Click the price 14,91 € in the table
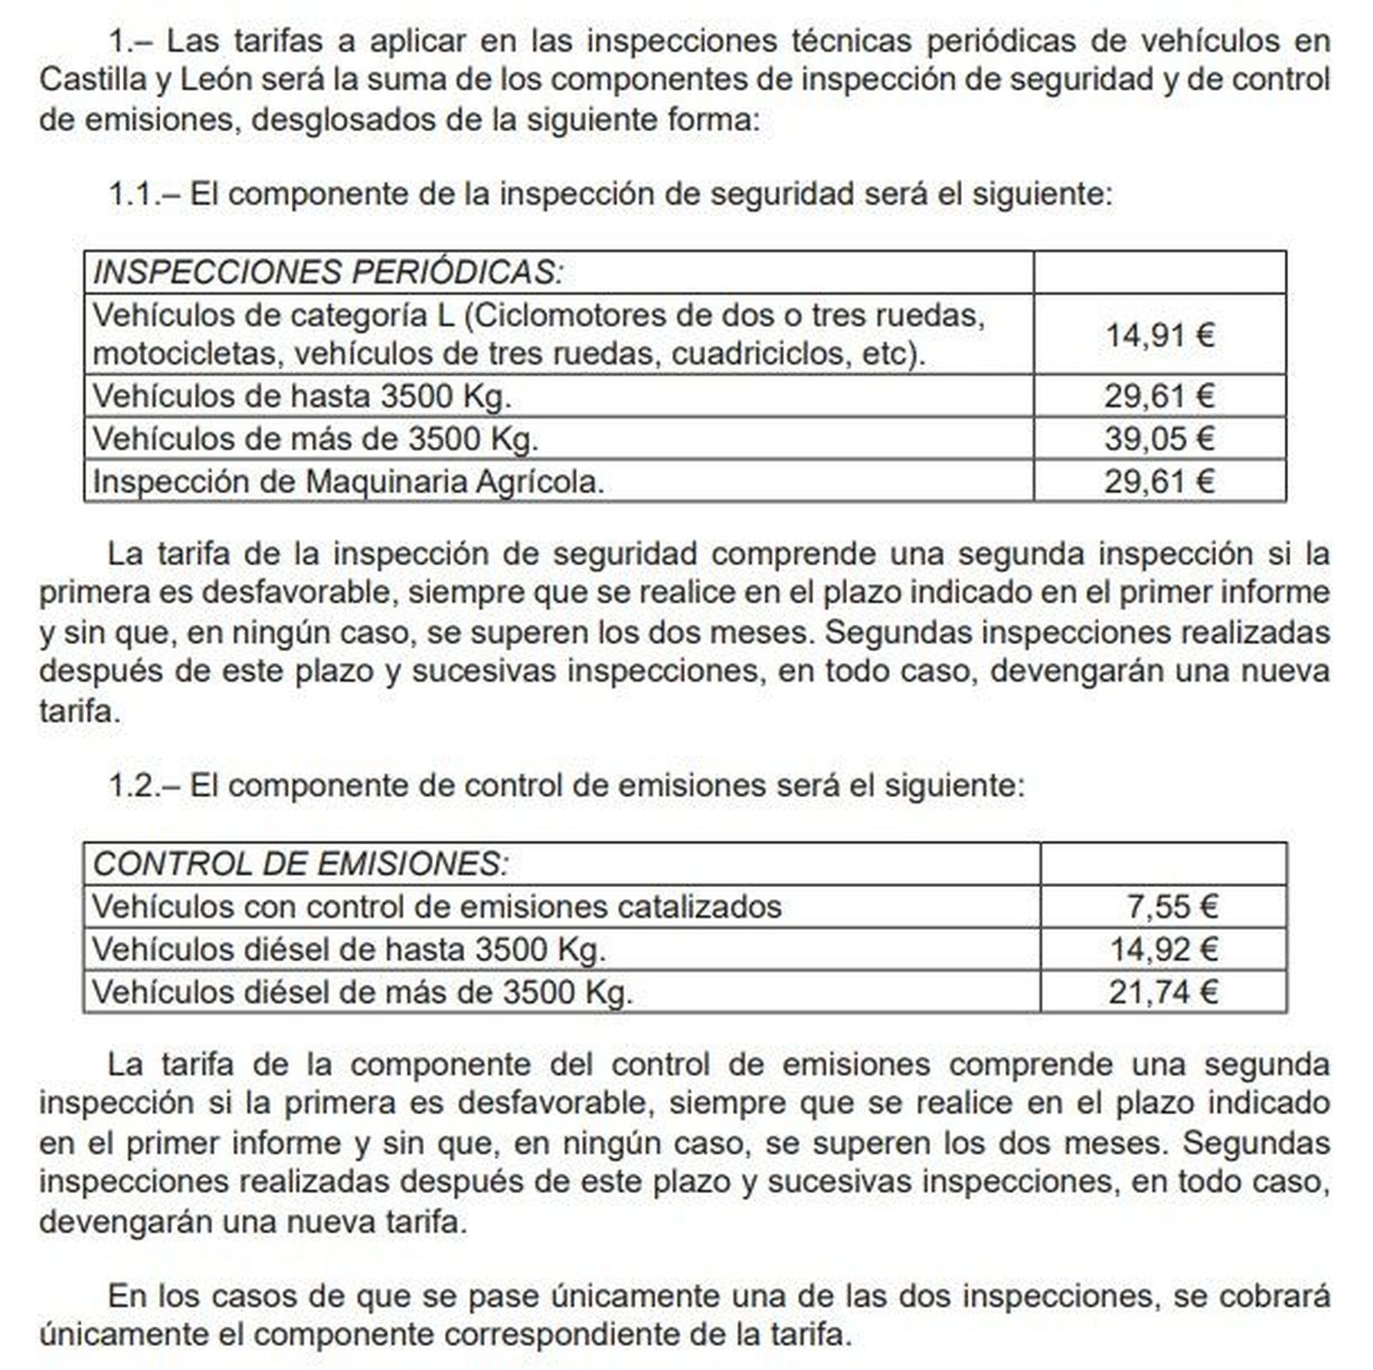[x=1158, y=335]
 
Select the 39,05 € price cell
[x=1158, y=438]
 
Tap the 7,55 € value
[x=1171, y=906]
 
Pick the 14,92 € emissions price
[x=1164, y=949]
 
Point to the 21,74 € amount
[x=1163, y=992]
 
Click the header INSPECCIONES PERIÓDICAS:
[x=328, y=272]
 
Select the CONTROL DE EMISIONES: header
[x=300, y=863]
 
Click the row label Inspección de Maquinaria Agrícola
[x=348, y=481]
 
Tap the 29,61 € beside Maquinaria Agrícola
[x=1158, y=481]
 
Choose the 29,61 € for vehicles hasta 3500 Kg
[x=1158, y=395]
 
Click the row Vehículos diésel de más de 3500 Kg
[x=361, y=992]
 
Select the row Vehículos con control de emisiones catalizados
[x=436, y=906]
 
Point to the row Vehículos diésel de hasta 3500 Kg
[x=348, y=949]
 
